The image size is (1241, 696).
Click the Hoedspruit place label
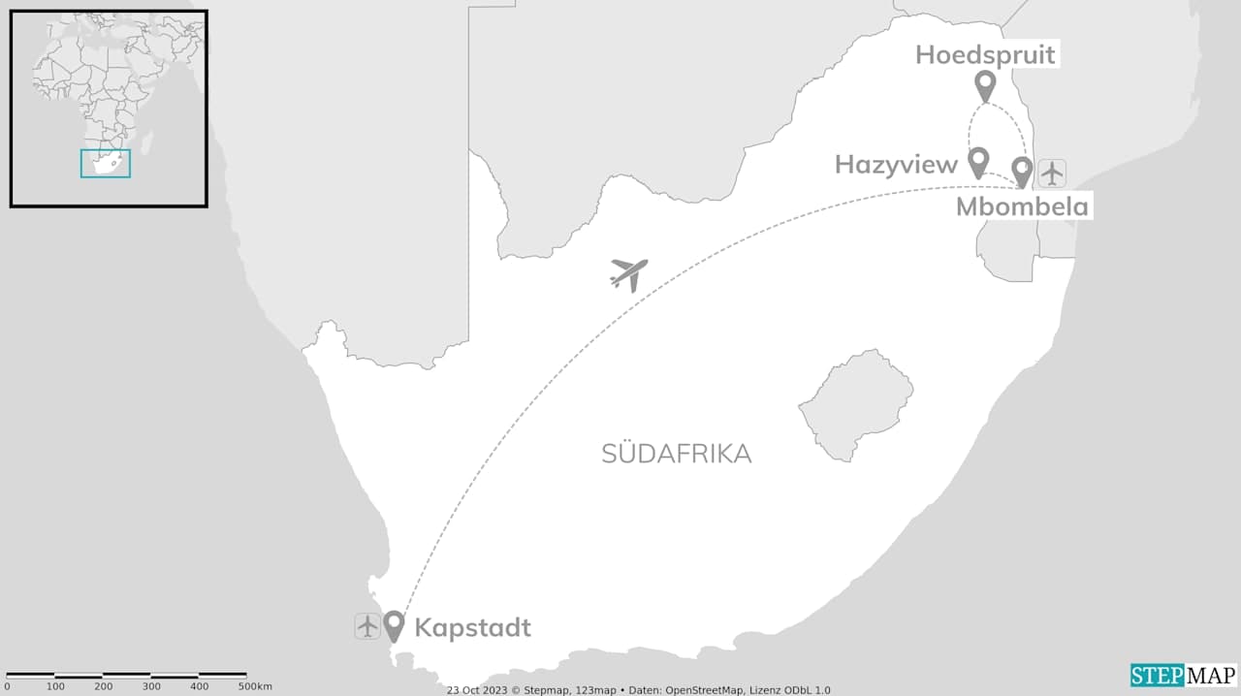pyautogui.click(x=985, y=54)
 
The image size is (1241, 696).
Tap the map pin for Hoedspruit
pyautogui.click(x=985, y=85)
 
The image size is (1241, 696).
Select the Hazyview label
pyautogui.click(x=896, y=165)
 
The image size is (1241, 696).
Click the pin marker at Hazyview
pyautogui.click(x=978, y=161)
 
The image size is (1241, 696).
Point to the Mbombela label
pyautogui.click(x=1022, y=206)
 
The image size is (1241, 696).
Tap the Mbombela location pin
pyautogui.click(x=1022, y=172)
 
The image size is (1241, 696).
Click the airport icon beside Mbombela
pyautogui.click(x=1052, y=174)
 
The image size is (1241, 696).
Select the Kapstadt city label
pyautogui.click(x=472, y=628)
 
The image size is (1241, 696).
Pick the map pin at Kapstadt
pyautogui.click(x=394, y=625)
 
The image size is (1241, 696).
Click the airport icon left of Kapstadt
pyautogui.click(x=367, y=626)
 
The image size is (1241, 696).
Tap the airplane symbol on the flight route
pyautogui.click(x=628, y=274)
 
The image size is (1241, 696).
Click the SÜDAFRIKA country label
pyautogui.click(x=676, y=454)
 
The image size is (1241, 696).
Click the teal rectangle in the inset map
pyautogui.click(x=105, y=163)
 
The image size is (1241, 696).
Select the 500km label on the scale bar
pyautogui.click(x=254, y=686)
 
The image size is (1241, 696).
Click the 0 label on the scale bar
pyautogui.click(x=7, y=686)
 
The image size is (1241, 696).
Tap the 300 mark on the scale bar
pyautogui.click(x=151, y=686)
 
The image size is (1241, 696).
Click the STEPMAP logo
pyautogui.click(x=1183, y=675)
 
